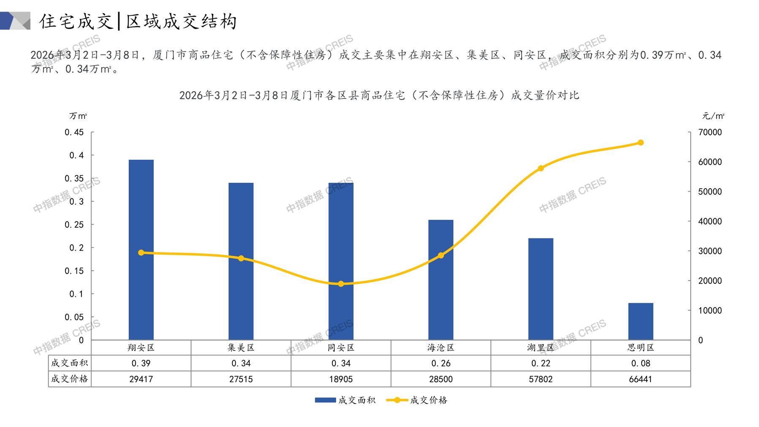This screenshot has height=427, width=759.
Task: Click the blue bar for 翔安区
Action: point(141,249)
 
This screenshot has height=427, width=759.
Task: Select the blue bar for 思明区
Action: point(640,321)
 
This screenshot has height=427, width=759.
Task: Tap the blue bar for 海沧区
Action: point(441,279)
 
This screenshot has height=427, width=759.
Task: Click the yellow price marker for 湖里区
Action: point(541,168)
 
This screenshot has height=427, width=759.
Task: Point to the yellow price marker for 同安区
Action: point(341,284)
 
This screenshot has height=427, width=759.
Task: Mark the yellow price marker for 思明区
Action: point(640,143)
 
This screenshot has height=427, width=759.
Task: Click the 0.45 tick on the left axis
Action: point(74,132)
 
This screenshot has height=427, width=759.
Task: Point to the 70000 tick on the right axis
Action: point(710,132)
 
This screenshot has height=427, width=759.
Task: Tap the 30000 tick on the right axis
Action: point(710,251)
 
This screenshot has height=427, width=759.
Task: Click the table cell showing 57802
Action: point(541,379)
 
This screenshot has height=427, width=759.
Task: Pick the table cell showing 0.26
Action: point(441,363)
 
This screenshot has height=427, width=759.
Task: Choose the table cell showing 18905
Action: point(341,379)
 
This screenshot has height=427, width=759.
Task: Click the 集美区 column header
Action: point(241,348)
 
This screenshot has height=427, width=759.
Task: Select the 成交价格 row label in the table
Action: point(70,379)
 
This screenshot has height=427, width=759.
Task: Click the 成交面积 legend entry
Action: point(345,400)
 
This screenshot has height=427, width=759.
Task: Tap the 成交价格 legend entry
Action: point(417,400)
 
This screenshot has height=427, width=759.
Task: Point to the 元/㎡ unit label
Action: point(713,116)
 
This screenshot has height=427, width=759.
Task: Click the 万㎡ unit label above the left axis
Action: point(78,116)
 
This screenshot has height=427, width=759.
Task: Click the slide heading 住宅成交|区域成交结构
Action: point(138,21)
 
